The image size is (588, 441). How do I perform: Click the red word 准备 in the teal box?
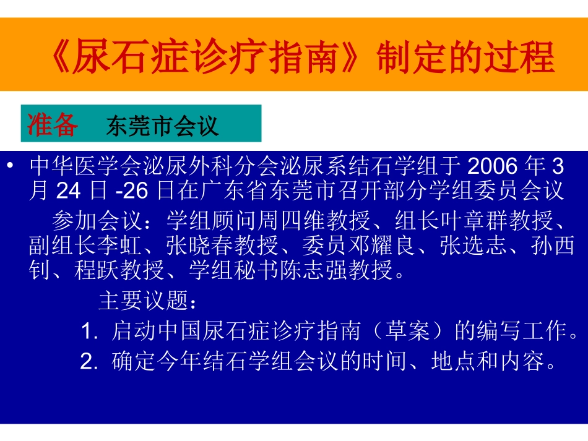pyautogui.click(x=53, y=125)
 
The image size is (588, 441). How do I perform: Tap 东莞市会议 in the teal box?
pyautogui.click(x=162, y=126)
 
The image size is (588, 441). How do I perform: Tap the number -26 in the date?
pyautogui.click(x=132, y=192)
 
